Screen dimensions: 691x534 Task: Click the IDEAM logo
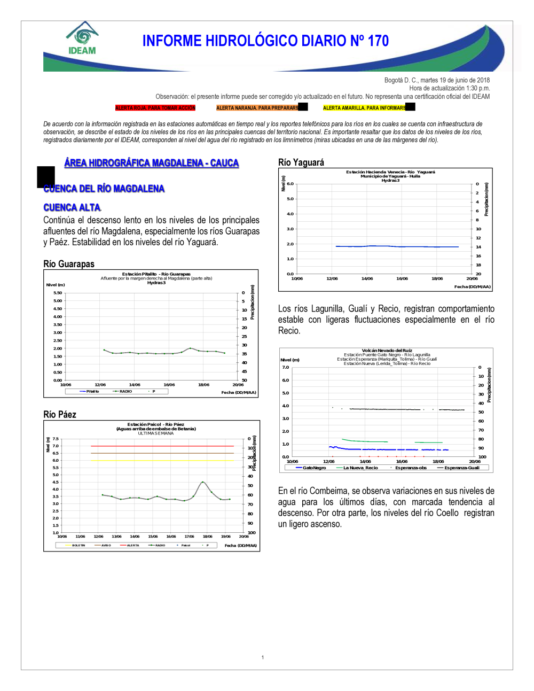pos(82,38)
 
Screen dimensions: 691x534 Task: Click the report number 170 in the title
pos(378,41)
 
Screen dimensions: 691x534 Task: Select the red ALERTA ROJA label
pos(155,108)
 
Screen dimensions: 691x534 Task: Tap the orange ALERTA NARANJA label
pos(257,108)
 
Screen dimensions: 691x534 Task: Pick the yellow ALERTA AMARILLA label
pos(364,108)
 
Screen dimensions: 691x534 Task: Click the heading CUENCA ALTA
pos(72,207)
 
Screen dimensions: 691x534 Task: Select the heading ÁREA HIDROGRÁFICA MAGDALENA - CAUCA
pos(151,163)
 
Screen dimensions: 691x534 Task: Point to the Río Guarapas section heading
pos(69,264)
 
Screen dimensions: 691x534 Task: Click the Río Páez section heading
pos(60,415)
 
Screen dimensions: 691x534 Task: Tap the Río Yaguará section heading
pos(301,162)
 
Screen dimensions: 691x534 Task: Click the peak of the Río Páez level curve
pos(202,482)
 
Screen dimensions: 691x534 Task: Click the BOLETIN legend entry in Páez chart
pos(78,545)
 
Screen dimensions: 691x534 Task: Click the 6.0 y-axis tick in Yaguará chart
pos(290,184)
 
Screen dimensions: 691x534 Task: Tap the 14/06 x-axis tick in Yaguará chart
pos(367,278)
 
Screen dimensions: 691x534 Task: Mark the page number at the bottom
pos(263,657)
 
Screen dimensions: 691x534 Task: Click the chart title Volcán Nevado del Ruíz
pos(387,351)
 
